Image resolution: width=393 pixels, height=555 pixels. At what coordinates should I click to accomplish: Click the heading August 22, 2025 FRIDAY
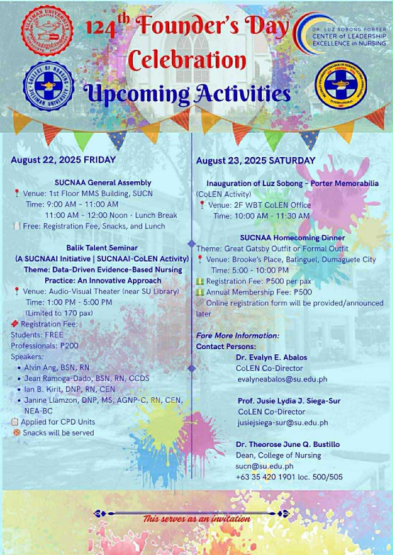coord(63,160)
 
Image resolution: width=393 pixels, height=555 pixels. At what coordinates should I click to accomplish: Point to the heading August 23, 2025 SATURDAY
coord(256,161)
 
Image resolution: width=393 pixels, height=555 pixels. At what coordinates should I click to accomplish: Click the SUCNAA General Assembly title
coord(103,183)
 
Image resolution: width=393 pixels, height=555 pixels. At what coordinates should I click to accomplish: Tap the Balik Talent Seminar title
coord(102,248)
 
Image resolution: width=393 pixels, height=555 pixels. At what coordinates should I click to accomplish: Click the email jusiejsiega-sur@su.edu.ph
coord(283,422)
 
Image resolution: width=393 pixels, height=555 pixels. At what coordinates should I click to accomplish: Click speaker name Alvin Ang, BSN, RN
coord(57,367)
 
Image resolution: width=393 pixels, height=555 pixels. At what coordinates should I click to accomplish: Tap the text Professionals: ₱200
coord(44,346)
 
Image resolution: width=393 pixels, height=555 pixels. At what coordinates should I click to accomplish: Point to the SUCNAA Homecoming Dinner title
coord(292,238)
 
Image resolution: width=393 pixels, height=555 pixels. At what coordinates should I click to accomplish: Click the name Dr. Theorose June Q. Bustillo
coord(288,444)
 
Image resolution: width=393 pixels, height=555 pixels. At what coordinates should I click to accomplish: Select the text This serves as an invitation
coord(196,519)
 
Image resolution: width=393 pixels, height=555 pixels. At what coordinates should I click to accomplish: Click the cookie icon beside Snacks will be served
coord(16,433)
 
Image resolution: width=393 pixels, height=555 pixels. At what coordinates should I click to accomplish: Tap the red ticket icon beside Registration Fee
coord(14,324)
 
